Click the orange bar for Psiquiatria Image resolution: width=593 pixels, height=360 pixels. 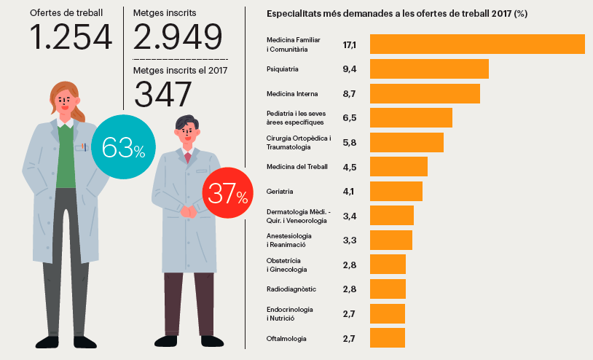(x=429, y=69)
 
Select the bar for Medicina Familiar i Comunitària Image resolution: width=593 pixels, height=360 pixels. (x=477, y=44)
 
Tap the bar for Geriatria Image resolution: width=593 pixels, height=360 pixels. (x=396, y=191)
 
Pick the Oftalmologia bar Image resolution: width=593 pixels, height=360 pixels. (x=388, y=338)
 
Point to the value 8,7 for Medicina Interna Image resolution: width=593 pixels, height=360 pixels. (x=350, y=94)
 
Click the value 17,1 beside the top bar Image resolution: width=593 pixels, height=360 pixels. (x=350, y=45)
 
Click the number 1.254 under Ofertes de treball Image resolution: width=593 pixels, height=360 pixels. (x=71, y=37)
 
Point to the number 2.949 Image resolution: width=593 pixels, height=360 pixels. (x=178, y=37)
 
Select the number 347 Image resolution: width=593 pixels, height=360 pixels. (x=163, y=94)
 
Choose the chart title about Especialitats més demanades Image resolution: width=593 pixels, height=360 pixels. (x=397, y=14)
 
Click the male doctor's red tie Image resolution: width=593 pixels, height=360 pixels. (x=188, y=157)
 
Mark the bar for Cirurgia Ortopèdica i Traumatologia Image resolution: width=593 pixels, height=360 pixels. (x=407, y=142)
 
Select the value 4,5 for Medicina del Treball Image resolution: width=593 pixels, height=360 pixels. (x=350, y=167)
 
